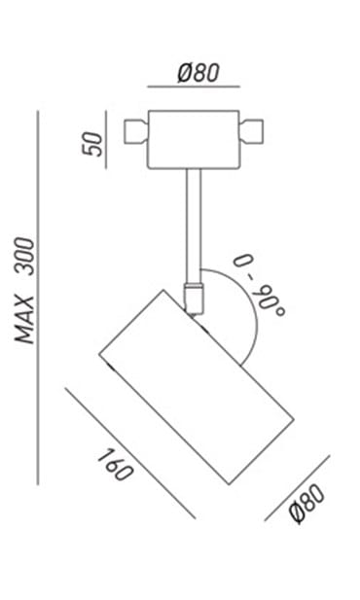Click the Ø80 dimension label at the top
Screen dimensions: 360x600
(x=198, y=73)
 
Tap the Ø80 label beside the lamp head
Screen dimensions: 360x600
(x=307, y=504)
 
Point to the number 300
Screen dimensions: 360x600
(x=25, y=256)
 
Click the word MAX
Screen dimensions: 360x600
(x=25, y=320)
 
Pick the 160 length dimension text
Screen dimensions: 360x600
(x=115, y=465)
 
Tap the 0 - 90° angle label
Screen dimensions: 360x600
(x=260, y=285)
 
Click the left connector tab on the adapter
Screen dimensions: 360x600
(x=136, y=131)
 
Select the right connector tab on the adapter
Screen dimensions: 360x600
(x=251, y=131)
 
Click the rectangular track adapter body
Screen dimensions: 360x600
(x=194, y=140)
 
